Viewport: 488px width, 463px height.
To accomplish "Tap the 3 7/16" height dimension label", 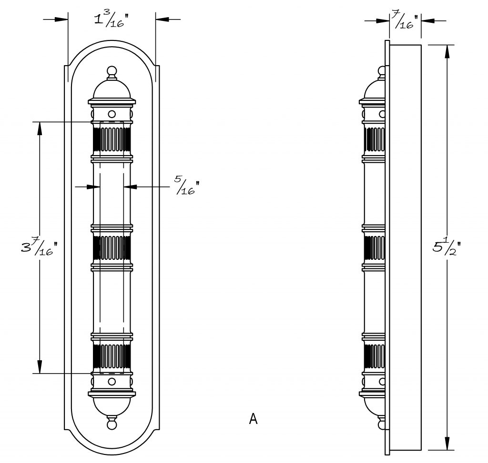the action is point(40,246).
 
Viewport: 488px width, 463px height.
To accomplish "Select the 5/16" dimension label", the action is point(186,185).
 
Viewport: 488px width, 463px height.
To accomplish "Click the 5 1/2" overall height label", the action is point(446,246).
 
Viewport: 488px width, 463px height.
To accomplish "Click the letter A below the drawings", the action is point(254,419).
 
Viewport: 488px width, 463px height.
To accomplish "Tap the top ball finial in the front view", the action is point(112,71).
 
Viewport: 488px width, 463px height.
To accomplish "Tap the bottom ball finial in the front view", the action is point(112,424).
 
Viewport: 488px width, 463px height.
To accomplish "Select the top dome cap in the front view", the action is point(112,89).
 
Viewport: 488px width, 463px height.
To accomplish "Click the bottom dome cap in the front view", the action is point(112,406).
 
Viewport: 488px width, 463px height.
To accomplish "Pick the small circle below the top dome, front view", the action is point(112,114).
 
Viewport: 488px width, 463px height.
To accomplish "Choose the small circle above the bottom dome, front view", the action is point(112,381).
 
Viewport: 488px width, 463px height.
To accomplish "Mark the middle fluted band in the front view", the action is point(112,247).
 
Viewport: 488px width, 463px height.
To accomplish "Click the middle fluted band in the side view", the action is point(375,247).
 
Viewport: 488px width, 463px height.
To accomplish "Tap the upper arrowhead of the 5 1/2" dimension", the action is point(447,52).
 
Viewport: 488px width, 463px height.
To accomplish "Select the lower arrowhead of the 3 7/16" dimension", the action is point(40,367).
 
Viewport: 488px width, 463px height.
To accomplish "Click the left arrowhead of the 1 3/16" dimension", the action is point(61,19).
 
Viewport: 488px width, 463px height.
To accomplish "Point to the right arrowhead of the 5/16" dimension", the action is point(131,187).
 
